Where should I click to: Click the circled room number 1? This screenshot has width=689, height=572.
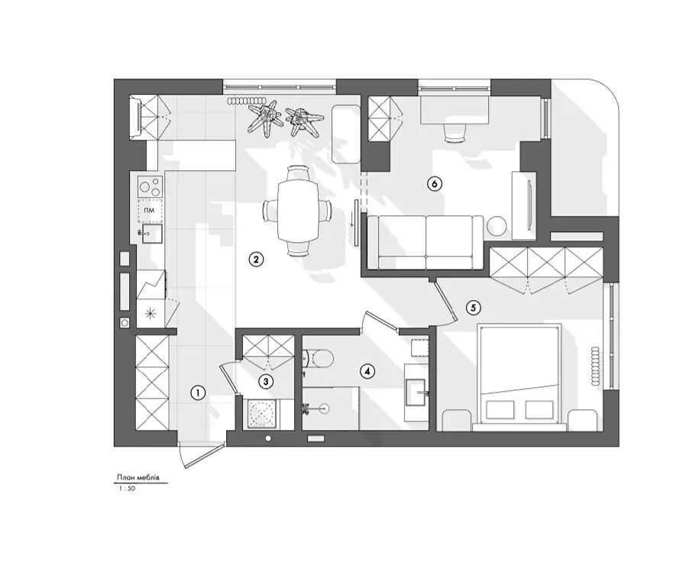198,393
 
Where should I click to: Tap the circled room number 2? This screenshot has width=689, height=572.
256,259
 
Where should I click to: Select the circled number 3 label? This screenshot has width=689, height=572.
265,381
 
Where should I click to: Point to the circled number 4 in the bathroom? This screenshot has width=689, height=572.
367,372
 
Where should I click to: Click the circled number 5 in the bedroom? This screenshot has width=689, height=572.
474,308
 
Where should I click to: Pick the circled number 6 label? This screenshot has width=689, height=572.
434,183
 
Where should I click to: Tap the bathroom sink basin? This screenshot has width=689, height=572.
416,392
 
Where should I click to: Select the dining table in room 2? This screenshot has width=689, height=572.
298,210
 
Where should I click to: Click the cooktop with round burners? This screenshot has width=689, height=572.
150,187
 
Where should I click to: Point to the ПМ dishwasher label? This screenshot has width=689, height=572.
150,211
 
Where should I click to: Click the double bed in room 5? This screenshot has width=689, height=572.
519,374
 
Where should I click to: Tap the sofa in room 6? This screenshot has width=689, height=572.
425,241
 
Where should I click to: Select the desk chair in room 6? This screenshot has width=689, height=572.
454,133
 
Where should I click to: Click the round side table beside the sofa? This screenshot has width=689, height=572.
497,226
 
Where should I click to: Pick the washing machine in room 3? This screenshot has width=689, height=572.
262,414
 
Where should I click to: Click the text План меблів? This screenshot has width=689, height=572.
138,477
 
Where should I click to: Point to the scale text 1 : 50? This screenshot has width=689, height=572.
127,488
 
